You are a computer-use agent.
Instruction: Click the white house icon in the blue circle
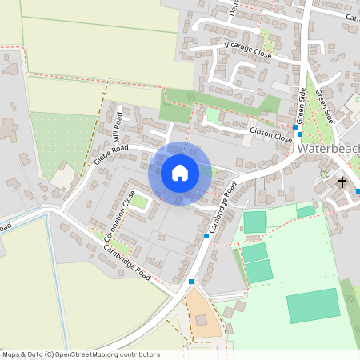click(180, 173)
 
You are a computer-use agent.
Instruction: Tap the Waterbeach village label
click(328, 149)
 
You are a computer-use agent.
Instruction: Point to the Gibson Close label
click(271, 133)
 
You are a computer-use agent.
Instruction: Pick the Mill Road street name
click(118, 121)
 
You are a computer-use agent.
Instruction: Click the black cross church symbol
click(342, 182)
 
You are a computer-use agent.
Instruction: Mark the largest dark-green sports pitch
click(313, 306)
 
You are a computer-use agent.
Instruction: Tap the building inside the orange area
click(201, 320)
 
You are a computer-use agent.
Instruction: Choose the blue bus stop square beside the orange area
click(191, 282)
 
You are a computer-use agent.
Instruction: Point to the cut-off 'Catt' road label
click(351, 17)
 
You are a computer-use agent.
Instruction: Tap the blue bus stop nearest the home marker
click(206, 236)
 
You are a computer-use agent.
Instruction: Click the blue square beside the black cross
click(358, 190)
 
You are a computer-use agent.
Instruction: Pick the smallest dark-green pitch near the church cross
click(306, 211)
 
